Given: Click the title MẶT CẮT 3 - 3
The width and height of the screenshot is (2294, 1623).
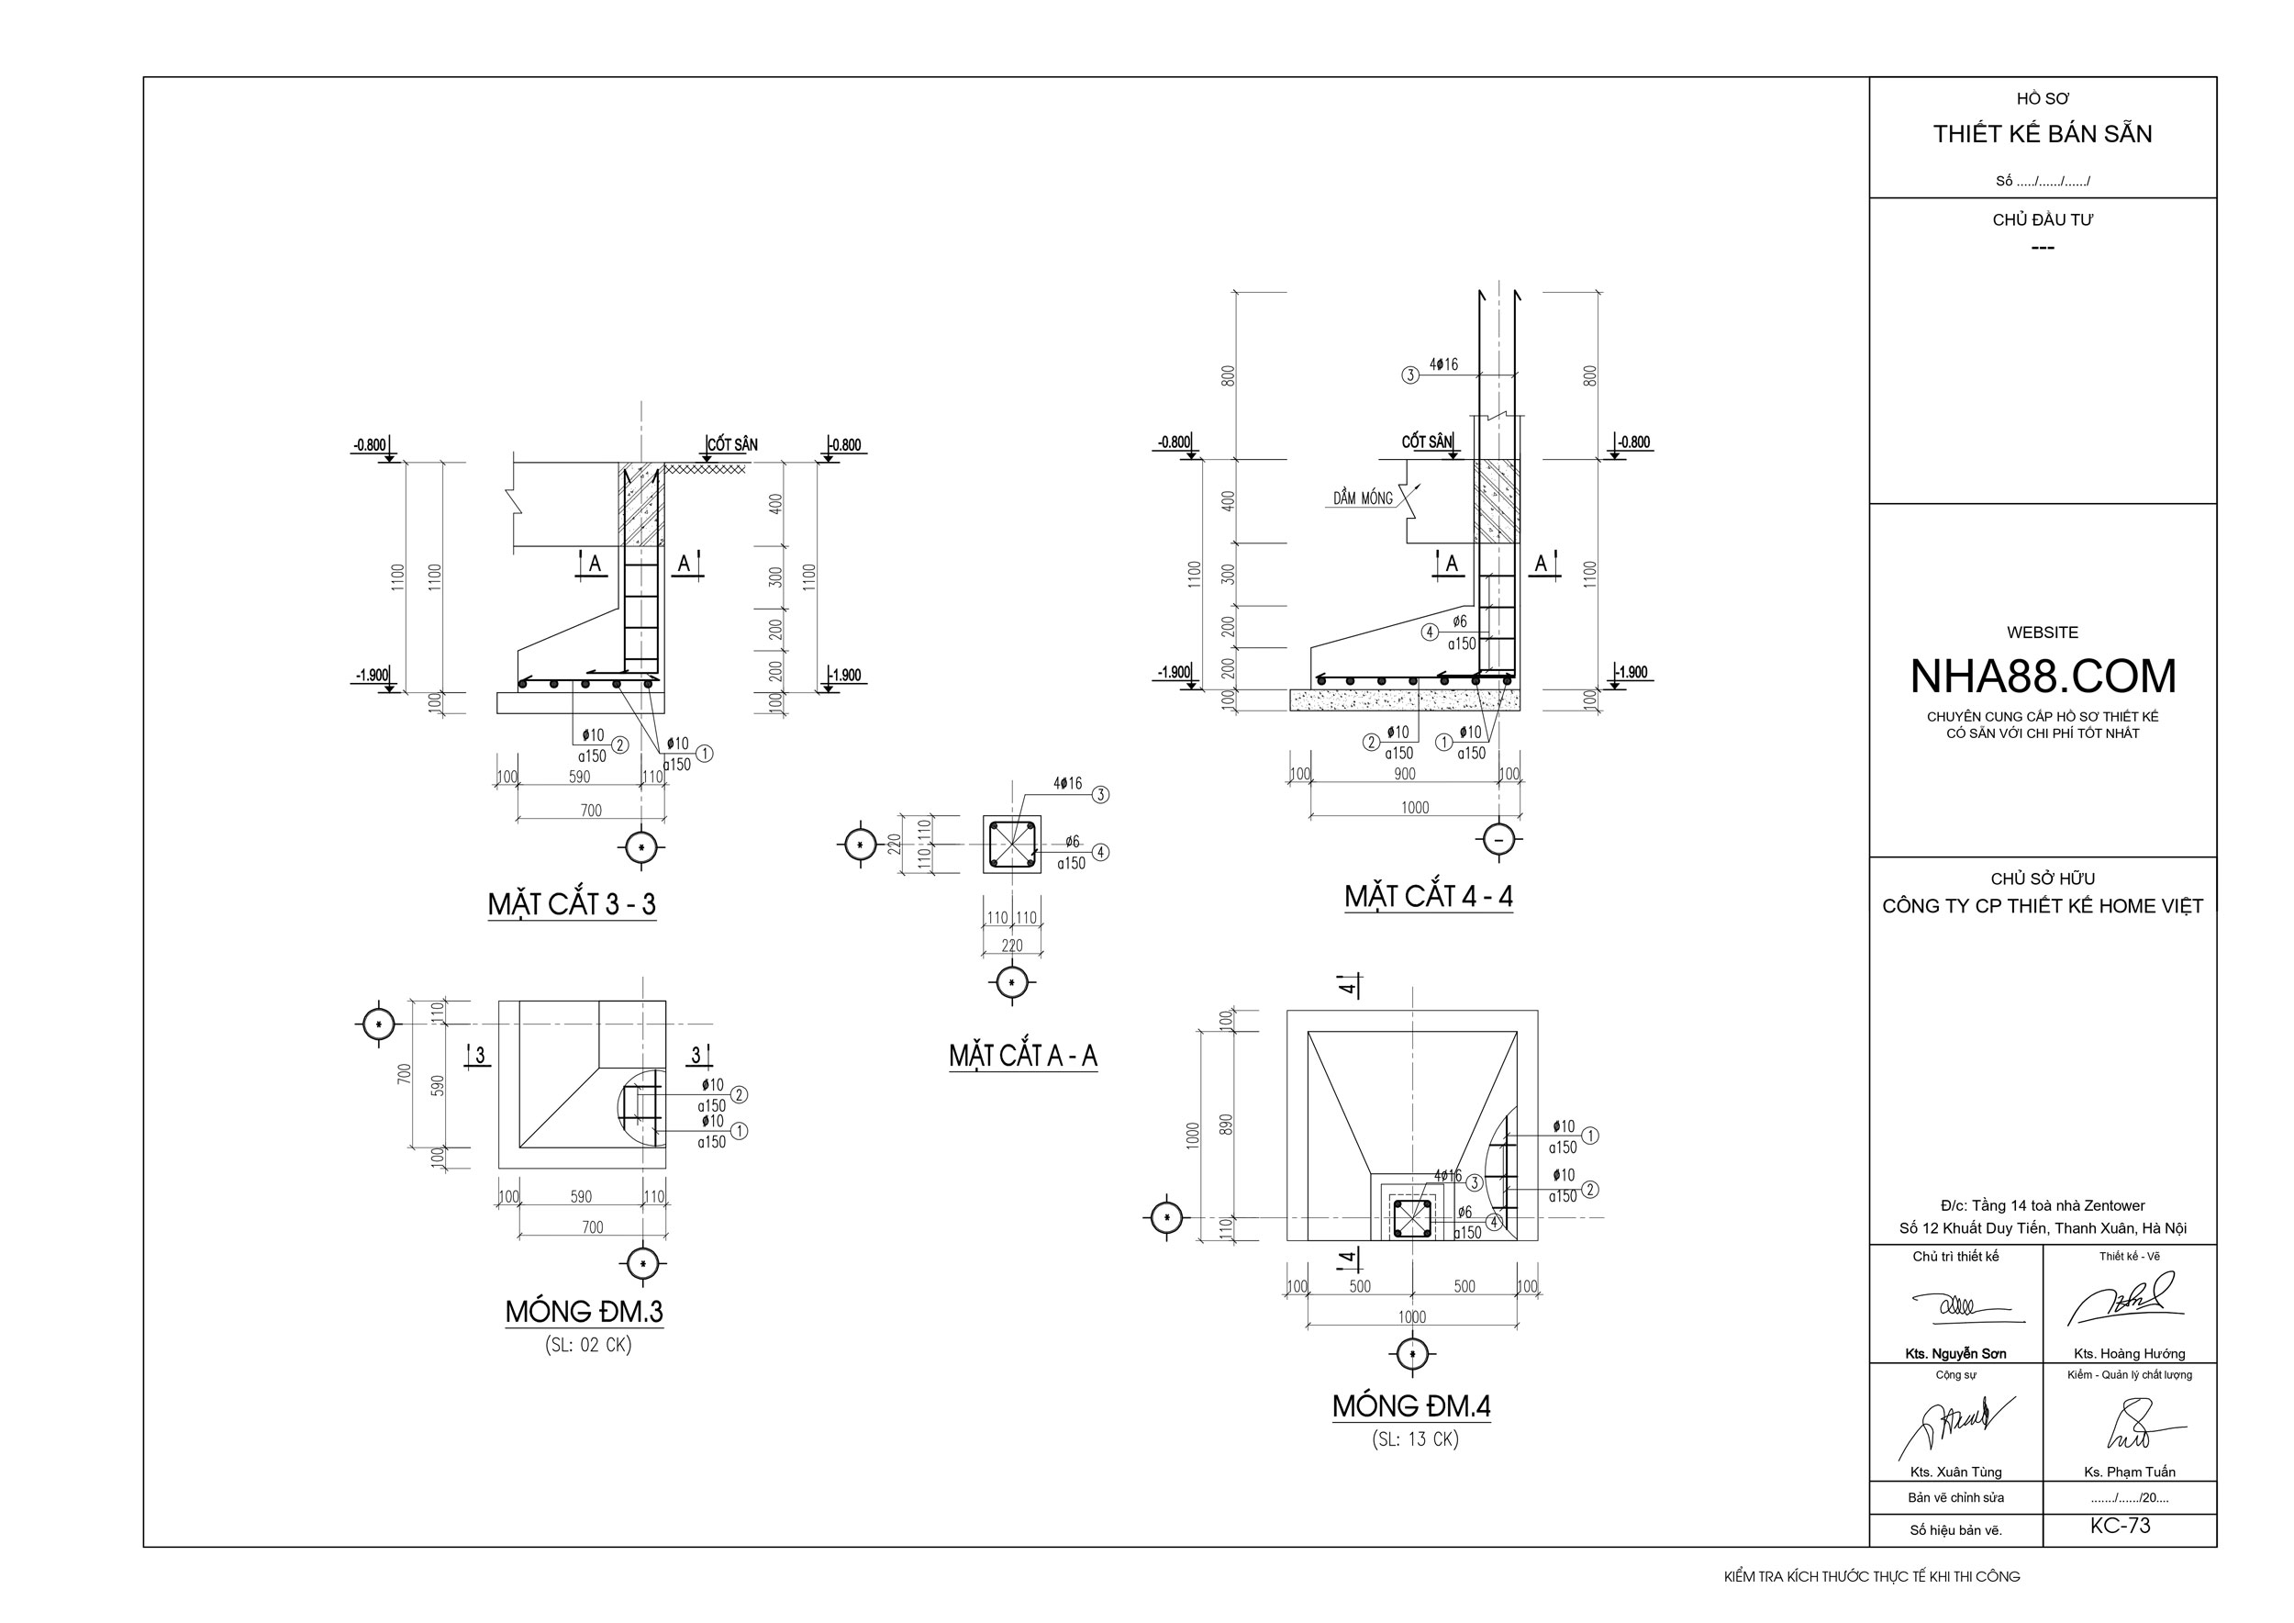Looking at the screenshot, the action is (572, 903).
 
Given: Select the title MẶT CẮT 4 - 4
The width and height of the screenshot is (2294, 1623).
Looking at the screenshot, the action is (1428, 897).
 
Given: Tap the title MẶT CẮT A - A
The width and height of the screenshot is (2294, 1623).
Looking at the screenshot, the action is (1023, 1056).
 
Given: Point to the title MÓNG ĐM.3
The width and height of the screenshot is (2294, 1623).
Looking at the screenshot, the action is (584, 1311).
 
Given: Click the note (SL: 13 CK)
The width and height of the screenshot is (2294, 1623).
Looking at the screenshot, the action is (1415, 1440).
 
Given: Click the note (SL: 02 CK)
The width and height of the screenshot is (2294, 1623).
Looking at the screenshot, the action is (588, 1345).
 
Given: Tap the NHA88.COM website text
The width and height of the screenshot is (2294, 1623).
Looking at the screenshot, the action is (2043, 677).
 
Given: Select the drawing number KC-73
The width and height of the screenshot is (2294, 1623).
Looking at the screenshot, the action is (2121, 1526).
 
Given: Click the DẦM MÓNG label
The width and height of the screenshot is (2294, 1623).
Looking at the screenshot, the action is (1363, 498).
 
